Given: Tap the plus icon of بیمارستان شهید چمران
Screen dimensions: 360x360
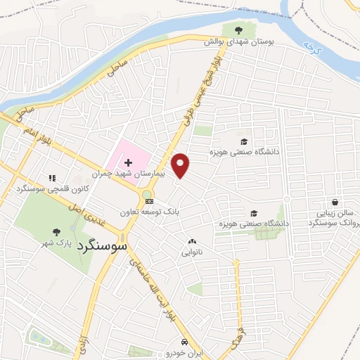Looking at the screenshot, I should point(128,162).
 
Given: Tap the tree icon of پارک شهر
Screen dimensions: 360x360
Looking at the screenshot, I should point(56,232).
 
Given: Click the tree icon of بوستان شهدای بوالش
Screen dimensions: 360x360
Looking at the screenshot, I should point(237,30).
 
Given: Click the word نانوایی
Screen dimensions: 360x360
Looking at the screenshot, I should point(192,251).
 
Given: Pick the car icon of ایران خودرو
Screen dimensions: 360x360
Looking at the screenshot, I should point(185,342).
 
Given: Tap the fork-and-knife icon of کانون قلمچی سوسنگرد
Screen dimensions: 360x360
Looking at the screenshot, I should point(51,179).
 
